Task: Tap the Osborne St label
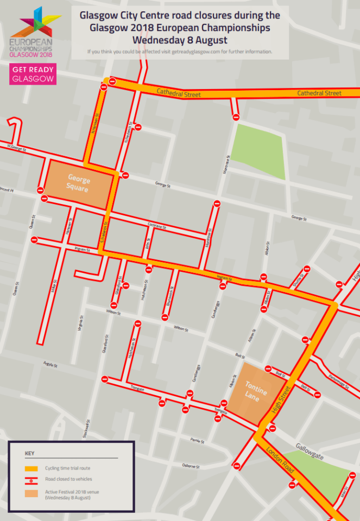191,466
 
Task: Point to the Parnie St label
197,441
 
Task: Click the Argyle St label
50,364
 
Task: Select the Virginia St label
80,324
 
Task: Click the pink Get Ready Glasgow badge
33,74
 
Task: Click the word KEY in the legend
30,453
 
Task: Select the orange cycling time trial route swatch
31,468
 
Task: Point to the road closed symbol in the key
31,479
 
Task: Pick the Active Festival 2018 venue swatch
31,493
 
